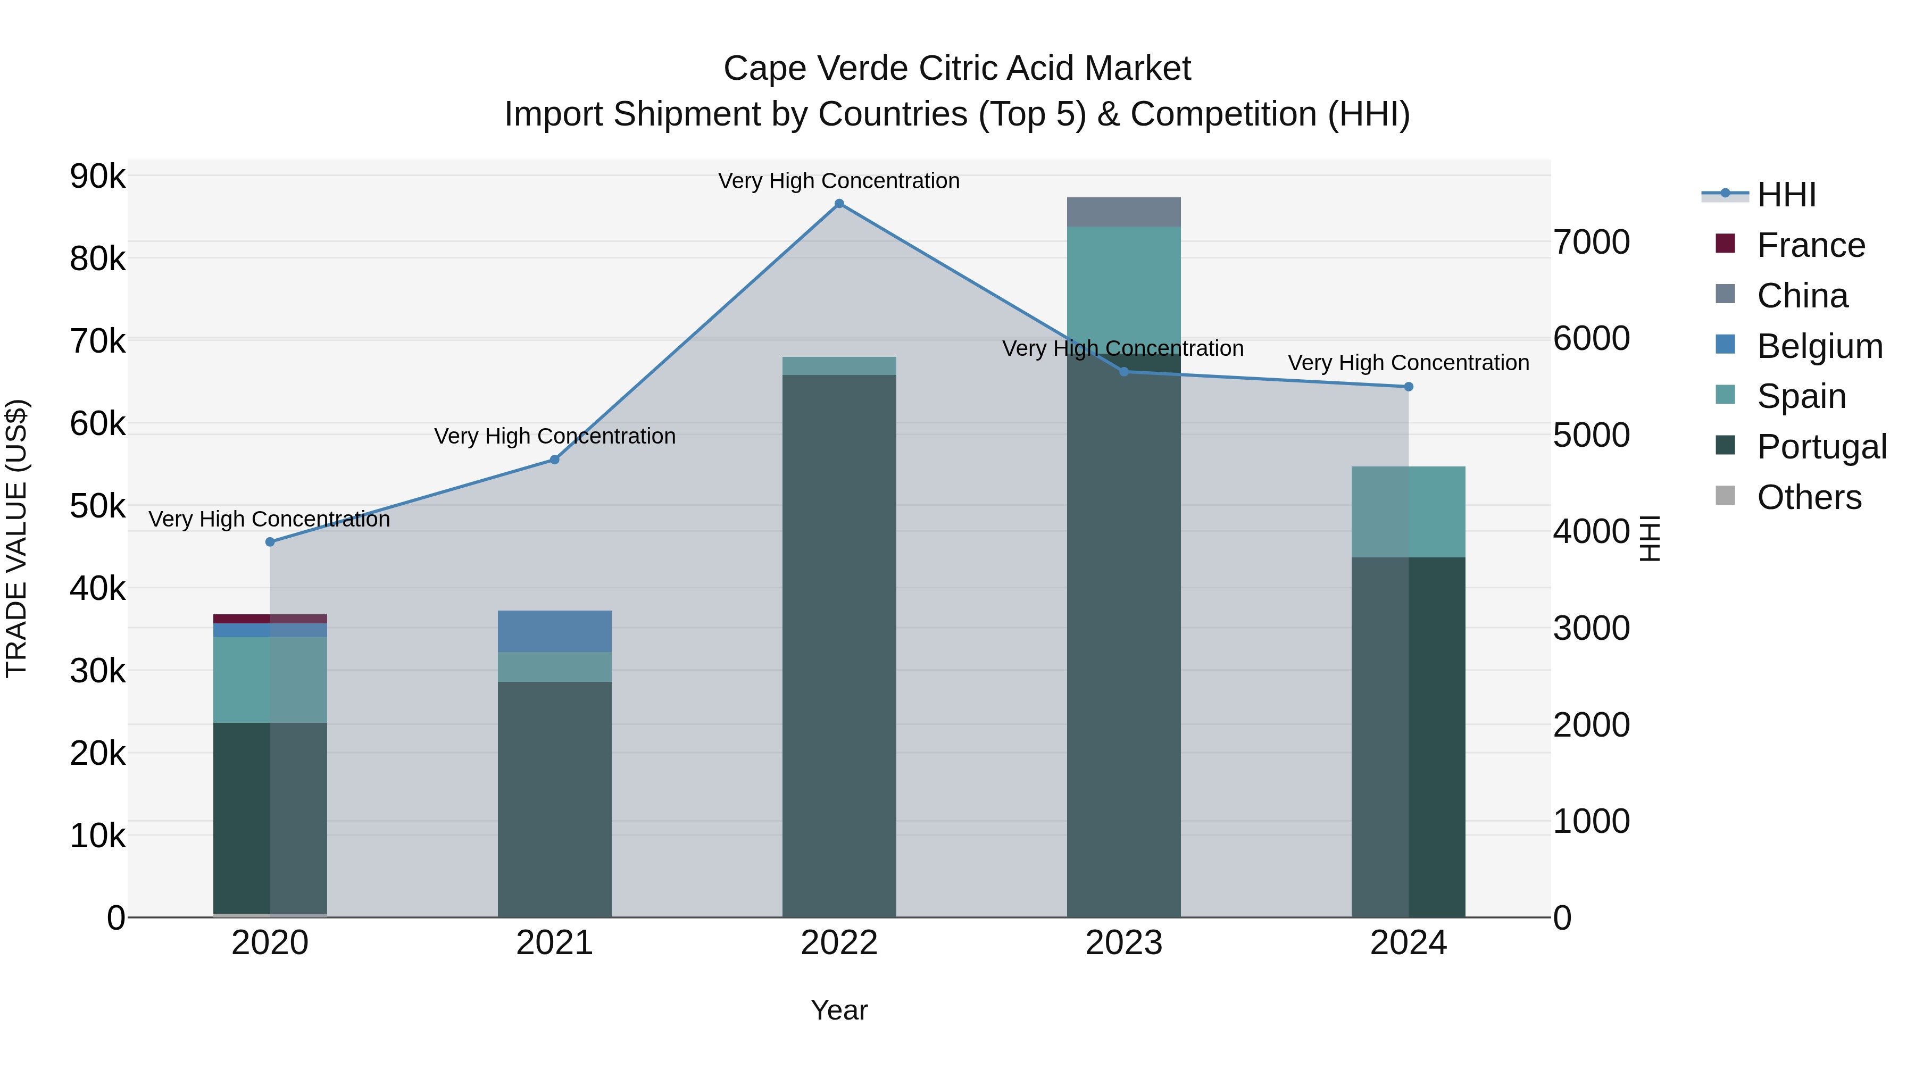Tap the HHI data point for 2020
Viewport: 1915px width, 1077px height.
[x=270, y=542]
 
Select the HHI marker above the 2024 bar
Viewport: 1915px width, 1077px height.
[x=1408, y=387]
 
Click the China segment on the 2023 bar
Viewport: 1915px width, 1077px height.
[x=1123, y=212]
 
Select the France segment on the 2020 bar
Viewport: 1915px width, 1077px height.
[x=270, y=619]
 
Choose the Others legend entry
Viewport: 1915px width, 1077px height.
[x=1808, y=497]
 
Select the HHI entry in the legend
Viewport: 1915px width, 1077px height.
[x=1786, y=195]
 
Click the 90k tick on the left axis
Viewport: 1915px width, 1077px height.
[x=97, y=177]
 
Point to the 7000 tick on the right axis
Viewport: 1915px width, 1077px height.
[x=1591, y=243]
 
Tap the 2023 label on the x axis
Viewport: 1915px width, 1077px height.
[x=1123, y=943]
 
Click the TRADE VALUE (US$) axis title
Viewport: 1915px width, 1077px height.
[x=16, y=538]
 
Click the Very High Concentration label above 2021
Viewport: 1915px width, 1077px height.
[x=555, y=436]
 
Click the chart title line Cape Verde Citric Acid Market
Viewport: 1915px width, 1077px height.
[x=957, y=69]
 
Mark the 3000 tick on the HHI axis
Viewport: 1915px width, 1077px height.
[x=1591, y=628]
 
